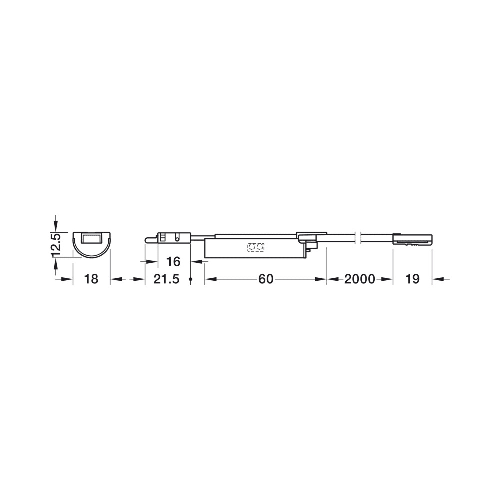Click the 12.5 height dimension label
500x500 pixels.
point(55,245)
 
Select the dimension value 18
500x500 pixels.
point(91,279)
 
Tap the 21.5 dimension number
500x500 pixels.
point(167,279)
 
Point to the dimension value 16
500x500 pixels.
point(174,262)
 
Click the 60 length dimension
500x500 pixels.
point(266,279)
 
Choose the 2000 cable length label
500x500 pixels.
point(360,279)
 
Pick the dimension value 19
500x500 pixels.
point(412,279)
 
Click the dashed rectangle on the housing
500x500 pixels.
point(256,247)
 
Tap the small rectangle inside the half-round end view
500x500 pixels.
point(91,239)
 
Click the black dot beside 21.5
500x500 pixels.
point(190,279)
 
